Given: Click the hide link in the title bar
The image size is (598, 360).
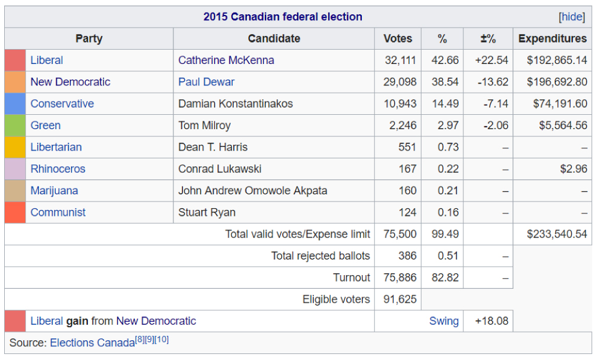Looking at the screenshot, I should coord(572,17).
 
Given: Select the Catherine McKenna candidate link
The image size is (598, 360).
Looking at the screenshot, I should coord(226,60).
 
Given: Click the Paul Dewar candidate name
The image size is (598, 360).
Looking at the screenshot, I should coord(206,82).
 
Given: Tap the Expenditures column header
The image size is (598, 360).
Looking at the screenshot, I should coord(553,39).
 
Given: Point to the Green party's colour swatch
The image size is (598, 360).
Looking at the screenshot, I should coord(15,126).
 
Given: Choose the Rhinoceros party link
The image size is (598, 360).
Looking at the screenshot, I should coord(58,169).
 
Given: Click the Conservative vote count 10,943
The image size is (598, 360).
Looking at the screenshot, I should coord(400,104).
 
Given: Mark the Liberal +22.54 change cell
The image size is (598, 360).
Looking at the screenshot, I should coord(492,60).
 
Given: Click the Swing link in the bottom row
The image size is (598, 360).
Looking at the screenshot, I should coord(444,321).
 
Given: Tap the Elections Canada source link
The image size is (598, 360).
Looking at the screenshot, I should coord(92,343).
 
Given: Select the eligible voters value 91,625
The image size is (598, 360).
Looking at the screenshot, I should coord(400,300).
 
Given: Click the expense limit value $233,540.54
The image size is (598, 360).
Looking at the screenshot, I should coord(557,234).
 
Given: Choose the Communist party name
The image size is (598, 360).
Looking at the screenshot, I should coord(58,212).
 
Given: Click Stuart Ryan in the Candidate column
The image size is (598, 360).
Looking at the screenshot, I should coord(207,212).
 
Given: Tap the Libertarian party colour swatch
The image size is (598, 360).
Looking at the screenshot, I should coord(15,147).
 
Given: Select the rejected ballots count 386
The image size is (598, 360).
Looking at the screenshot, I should coord(407,256).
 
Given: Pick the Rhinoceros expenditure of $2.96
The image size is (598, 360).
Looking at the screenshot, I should coord(573,169).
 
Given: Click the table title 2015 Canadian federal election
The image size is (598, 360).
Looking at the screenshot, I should coord(283,17).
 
